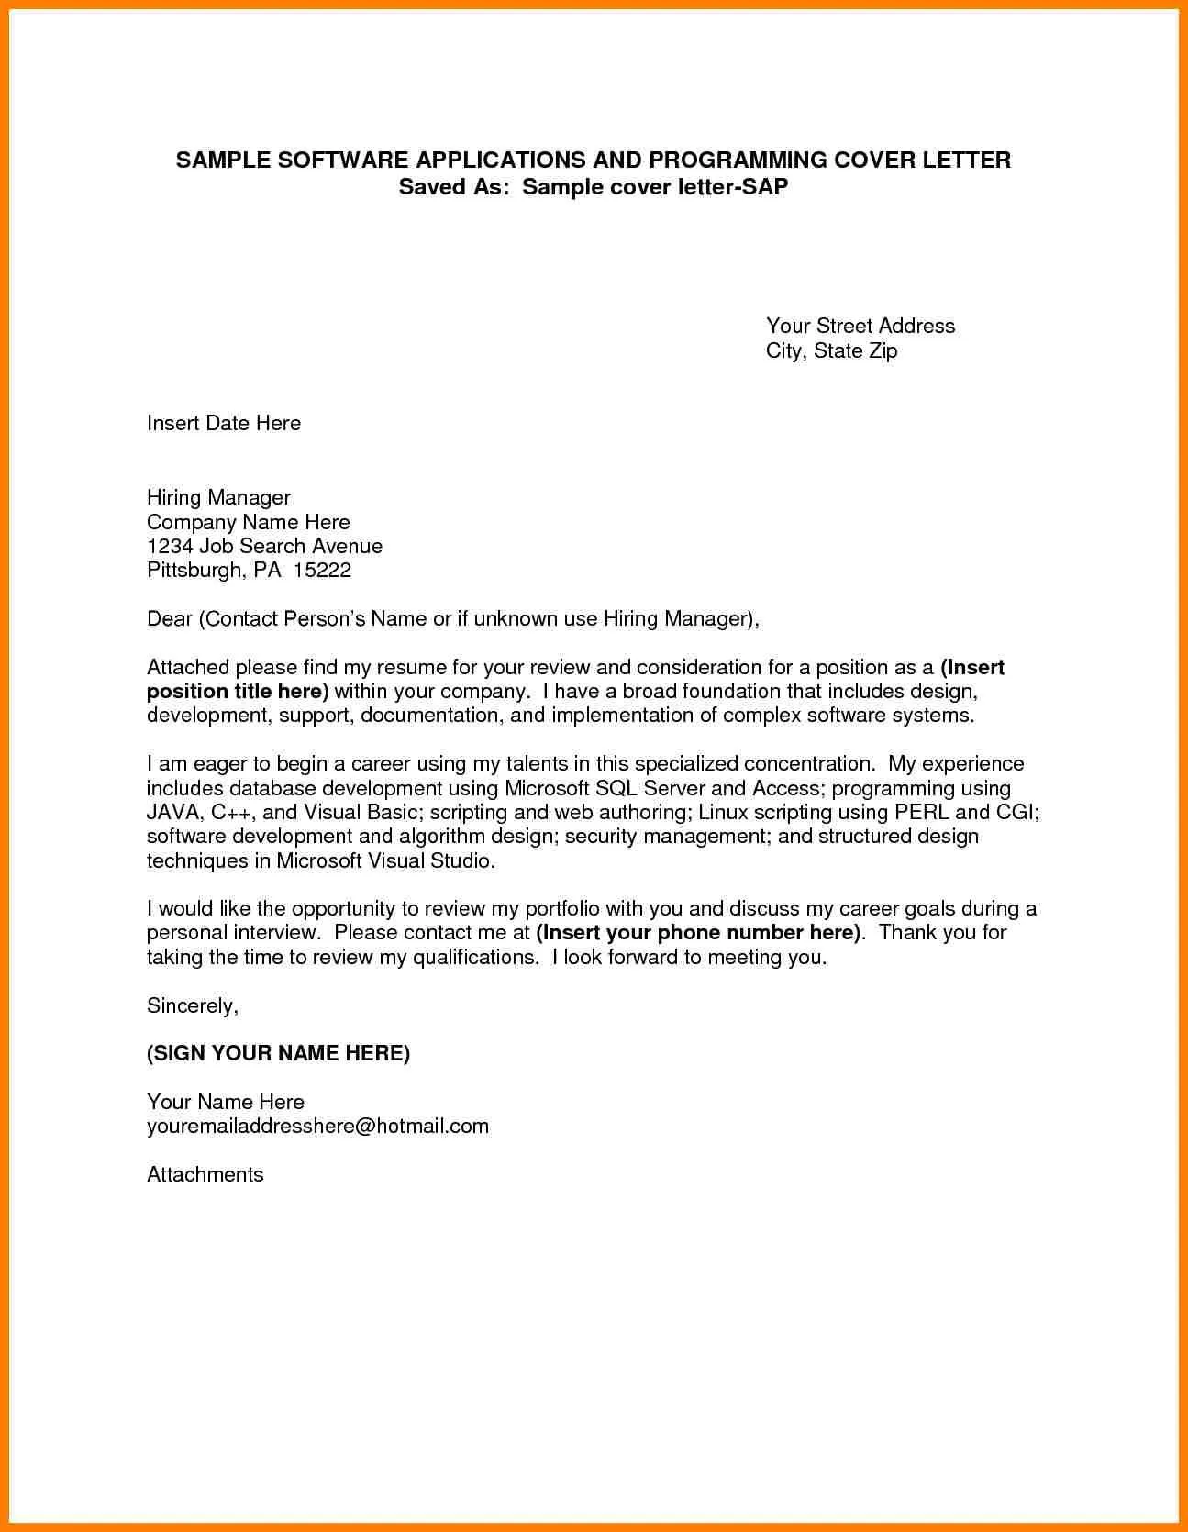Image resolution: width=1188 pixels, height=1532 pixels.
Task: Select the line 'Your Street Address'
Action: click(x=860, y=326)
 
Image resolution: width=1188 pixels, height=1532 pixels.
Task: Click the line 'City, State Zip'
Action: click(x=831, y=350)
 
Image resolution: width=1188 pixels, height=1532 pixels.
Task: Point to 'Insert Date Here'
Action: click(x=224, y=423)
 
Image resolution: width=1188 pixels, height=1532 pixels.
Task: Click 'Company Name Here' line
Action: click(x=248, y=522)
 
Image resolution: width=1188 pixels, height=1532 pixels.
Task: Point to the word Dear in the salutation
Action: click(x=169, y=618)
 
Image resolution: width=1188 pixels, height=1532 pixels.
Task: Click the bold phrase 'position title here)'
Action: click(x=238, y=691)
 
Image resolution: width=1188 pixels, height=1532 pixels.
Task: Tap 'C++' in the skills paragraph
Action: click(x=231, y=812)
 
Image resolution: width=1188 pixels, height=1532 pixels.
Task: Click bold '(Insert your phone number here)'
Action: click(x=699, y=933)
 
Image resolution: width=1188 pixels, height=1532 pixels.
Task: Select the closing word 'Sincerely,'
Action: click(x=193, y=1005)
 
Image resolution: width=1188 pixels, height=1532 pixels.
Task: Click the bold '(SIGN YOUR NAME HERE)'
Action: click(x=278, y=1053)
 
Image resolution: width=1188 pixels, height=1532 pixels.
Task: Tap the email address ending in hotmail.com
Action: click(x=317, y=1126)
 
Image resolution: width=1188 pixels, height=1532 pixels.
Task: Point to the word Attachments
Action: click(x=205, y=1174)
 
